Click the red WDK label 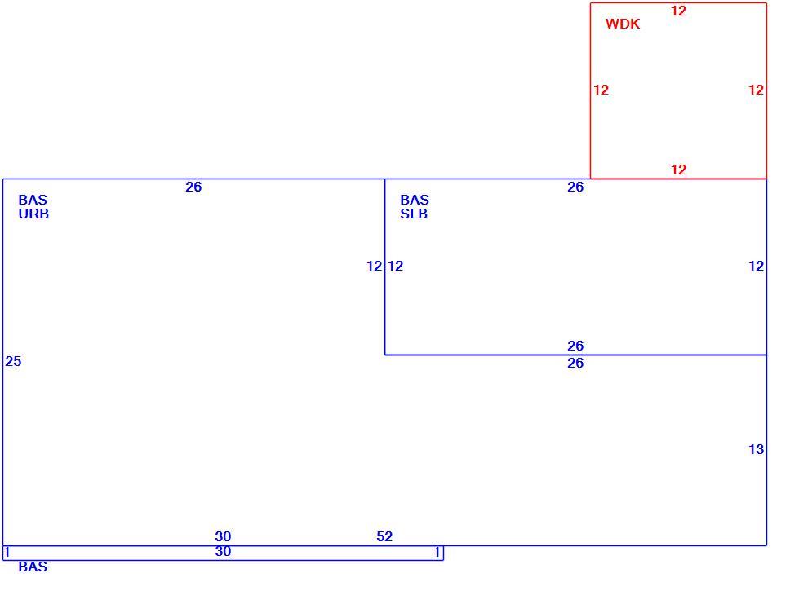coord(623,24)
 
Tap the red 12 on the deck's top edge coord(678,11)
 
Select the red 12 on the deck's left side coord(601,90)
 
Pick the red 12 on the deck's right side coord(756,90)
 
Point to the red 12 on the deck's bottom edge coord(678,170)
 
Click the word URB coord(33,214)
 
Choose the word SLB coord(414,214)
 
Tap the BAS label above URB coord(33,200)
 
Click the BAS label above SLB coord(415,200)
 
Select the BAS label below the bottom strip coord(33,567)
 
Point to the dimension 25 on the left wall coord(13,361)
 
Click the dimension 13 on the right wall coord(756,449)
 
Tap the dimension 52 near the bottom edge coord(384,536)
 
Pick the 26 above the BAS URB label coord(193,187)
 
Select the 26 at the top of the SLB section coord(575,187)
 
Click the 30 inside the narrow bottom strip coord(223,551)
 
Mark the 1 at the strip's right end coord(437,552)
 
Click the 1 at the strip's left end coord(7,552)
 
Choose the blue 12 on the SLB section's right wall coord(756,266)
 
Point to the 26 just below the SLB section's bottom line coord(575,363)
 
